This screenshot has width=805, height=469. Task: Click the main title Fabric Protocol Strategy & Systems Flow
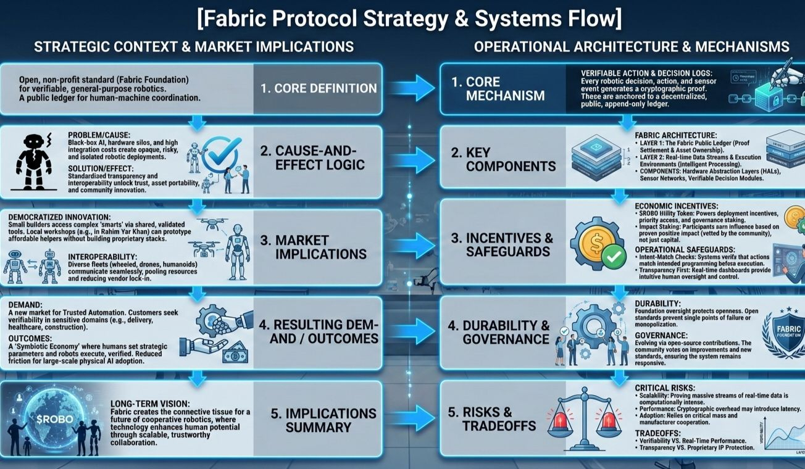pos(409,19)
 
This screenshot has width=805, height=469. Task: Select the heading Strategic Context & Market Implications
pos(194,47)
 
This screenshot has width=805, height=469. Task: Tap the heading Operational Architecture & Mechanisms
pos(632,47)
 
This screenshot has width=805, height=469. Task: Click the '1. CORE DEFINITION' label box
pos(318,88)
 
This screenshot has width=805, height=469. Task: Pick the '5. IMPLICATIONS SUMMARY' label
pos(323,420)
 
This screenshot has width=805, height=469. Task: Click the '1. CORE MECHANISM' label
pos(505,89)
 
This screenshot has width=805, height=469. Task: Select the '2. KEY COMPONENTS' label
pos(510,157)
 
